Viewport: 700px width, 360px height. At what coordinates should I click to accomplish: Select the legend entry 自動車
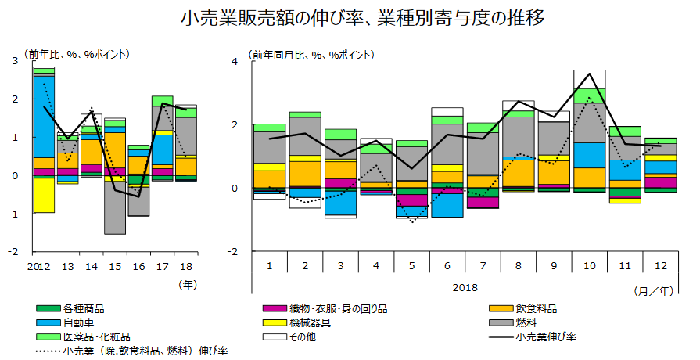pyautogui.click(x=78, y=322)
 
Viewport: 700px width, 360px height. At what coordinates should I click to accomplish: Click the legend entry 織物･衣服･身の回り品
pyautogui.click(x=341, y=308)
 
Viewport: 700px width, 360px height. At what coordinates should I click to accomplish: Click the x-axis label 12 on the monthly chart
pyautogui.click(x=660, y=265)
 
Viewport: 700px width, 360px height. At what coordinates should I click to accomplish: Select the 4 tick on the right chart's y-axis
pyautogui.click(x=244, y=61)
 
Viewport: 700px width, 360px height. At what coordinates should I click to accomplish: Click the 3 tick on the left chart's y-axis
pyautogui.click(x=18, y=61)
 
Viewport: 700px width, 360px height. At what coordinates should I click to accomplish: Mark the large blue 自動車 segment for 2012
pyautogui.click(x=44, y=116)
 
